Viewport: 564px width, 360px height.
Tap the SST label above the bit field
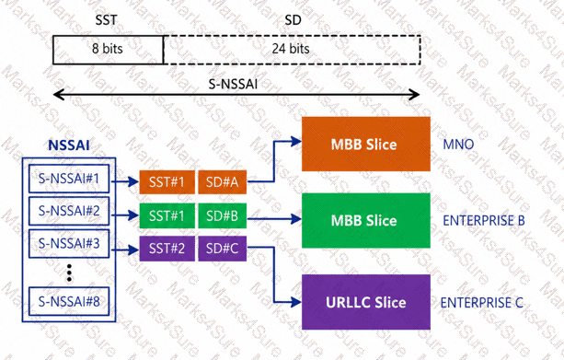point(107,17)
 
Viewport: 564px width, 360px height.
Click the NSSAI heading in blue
point(69,145)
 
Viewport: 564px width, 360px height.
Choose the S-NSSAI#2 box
point(69,212)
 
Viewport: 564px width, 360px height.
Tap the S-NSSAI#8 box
point(69,299)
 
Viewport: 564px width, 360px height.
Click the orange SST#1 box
point(167,182)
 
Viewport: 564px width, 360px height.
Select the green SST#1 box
point(167,217)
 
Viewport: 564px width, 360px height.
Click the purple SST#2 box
point(167,249)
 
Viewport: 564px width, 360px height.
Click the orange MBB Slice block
point(365,145)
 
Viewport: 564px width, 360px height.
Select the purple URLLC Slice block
point(365,302)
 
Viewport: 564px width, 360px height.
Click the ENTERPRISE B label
point(483,222)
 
